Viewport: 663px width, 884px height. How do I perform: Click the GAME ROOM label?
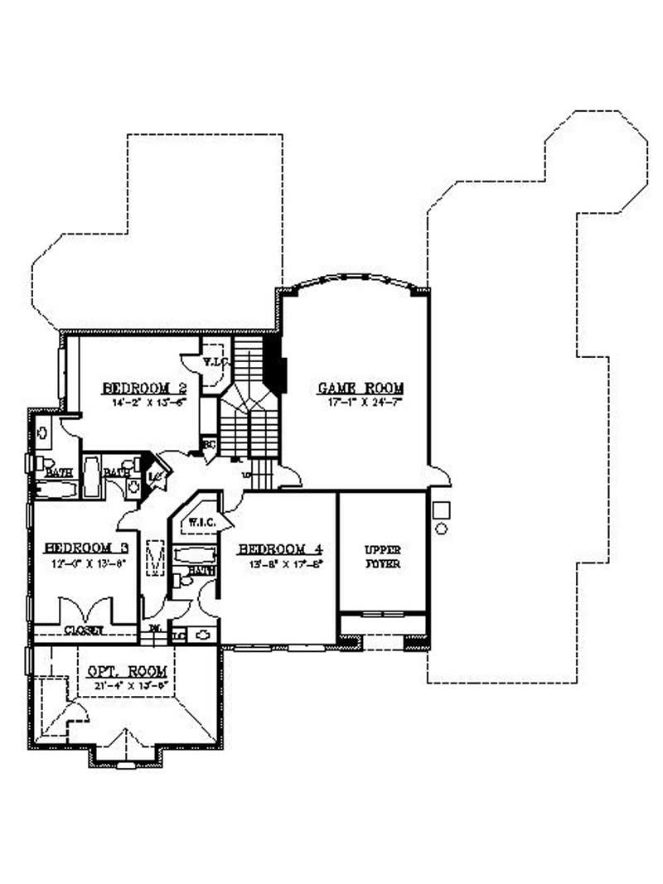361,388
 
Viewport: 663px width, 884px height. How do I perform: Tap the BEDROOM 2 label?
144,388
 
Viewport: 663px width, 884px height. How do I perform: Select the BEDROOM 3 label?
85,548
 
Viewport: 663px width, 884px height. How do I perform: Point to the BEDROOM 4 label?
279,549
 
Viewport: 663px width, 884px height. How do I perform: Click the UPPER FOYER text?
383,556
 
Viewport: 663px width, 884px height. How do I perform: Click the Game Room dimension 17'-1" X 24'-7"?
361,402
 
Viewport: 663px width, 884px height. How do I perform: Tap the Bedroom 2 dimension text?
143,402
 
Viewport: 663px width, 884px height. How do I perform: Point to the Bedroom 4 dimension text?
279,563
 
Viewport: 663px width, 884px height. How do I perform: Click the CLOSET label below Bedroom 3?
85,630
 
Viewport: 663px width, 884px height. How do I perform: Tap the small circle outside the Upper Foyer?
442,528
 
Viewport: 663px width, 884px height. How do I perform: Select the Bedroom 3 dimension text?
85,562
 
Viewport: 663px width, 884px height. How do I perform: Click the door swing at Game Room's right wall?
439,476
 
